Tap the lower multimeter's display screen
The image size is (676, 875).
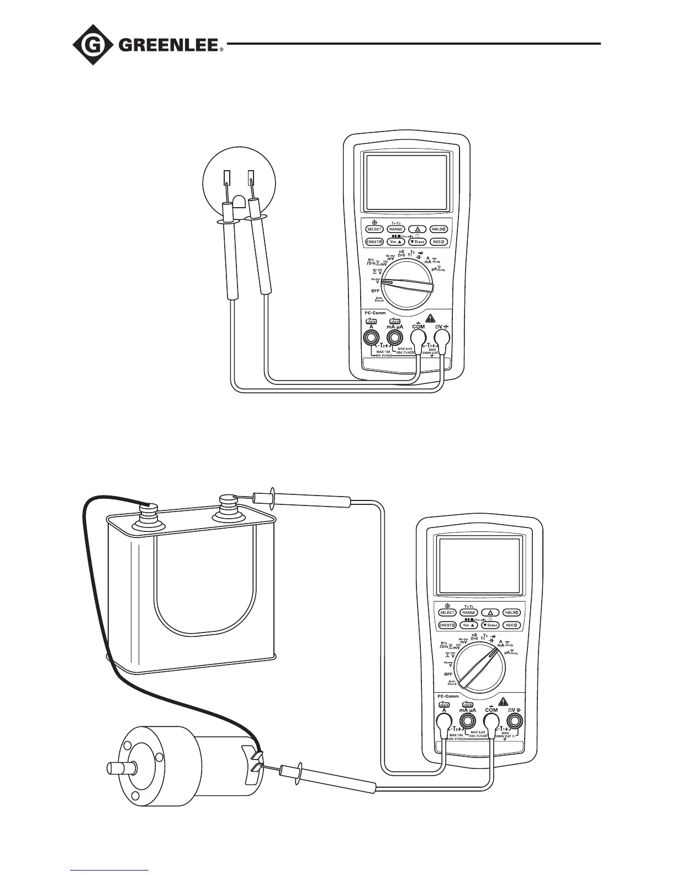(x=479, y=563)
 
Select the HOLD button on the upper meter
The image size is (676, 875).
(x=439, y=229)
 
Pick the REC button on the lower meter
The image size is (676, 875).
(x=512, y=625)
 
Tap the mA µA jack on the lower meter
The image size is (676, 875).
(x=468, y=721)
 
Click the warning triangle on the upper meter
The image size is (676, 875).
(x=430, y=318)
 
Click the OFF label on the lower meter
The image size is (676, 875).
(x=448, y=674)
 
